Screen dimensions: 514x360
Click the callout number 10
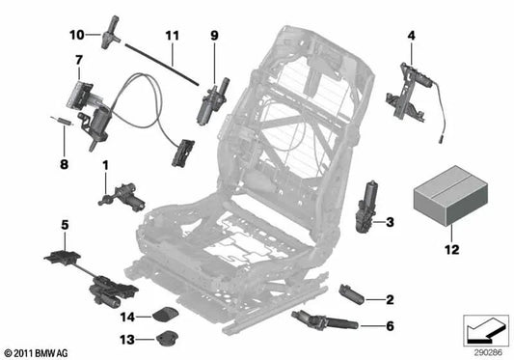click(77, 35)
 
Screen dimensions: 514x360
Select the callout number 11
click(173, 36)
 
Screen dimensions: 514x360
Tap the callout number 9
click(214, 36)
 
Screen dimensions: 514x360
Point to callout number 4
click(412, 35)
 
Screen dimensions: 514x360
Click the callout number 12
click(451, 250)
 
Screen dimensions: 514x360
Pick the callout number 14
click(127, 317)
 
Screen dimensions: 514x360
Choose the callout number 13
click(127, 340)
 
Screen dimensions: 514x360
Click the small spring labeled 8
click(63, 121)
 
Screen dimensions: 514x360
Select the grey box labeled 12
click(450, 196)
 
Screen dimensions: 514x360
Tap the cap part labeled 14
click(165, 314)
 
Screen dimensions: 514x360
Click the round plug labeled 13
click(167, 338)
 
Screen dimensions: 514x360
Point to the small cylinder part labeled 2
click(352, 294)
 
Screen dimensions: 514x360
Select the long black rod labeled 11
click(161, 64)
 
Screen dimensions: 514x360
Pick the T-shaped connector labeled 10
click(111, 33)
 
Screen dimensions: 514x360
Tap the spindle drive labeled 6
click(325, 320)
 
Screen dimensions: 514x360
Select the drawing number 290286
click(488, 353)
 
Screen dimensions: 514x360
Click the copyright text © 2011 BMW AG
click(36, 353)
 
